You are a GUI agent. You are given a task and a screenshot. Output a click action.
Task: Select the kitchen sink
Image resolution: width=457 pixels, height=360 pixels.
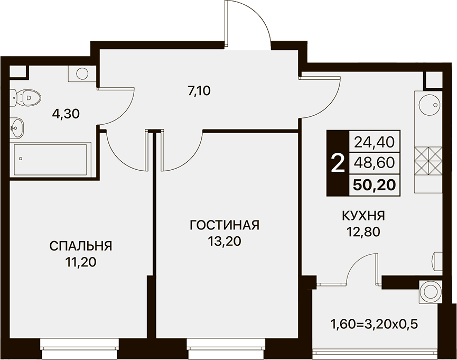tap(428, 105)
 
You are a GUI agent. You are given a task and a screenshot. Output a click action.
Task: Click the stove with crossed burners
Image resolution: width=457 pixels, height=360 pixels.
tap(428, 161)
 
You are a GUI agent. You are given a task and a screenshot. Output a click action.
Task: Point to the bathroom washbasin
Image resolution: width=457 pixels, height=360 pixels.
tap(17, 128)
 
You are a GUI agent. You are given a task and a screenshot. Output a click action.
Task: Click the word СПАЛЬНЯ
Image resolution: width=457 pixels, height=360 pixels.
tap(81, 246)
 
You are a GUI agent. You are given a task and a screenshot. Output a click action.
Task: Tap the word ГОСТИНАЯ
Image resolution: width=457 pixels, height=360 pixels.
tap(225, 225)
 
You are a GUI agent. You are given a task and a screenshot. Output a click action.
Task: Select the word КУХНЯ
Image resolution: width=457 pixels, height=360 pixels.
tap(363, 216)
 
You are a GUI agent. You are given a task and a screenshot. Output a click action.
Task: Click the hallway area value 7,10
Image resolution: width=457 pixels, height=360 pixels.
tap(199, 91)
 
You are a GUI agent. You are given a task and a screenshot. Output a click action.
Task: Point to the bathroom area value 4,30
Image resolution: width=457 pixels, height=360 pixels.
tap(66, 114)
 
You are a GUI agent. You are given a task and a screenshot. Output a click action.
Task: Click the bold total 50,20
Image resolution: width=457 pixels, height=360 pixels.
tap(374, 184)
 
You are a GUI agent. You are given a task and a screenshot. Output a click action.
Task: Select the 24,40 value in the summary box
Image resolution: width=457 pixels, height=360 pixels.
tap(374, 142)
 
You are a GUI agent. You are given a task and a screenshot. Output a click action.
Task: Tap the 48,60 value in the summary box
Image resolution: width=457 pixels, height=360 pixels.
tap(374, 163)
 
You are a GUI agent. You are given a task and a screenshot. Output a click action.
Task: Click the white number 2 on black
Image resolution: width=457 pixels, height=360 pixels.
tap(338, 163)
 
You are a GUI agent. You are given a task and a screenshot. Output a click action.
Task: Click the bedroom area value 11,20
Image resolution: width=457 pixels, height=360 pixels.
tap(81, 263)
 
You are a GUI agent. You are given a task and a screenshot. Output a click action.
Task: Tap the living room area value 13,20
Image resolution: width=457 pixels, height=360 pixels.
tap(225, 242)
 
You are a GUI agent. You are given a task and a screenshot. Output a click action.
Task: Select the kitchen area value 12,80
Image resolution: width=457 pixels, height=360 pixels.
tap(363, 232)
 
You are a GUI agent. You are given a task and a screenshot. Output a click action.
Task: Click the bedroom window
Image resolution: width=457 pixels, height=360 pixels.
tap(79, 349)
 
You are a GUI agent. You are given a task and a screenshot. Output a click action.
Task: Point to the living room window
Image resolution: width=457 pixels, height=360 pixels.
tap(226, 349)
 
